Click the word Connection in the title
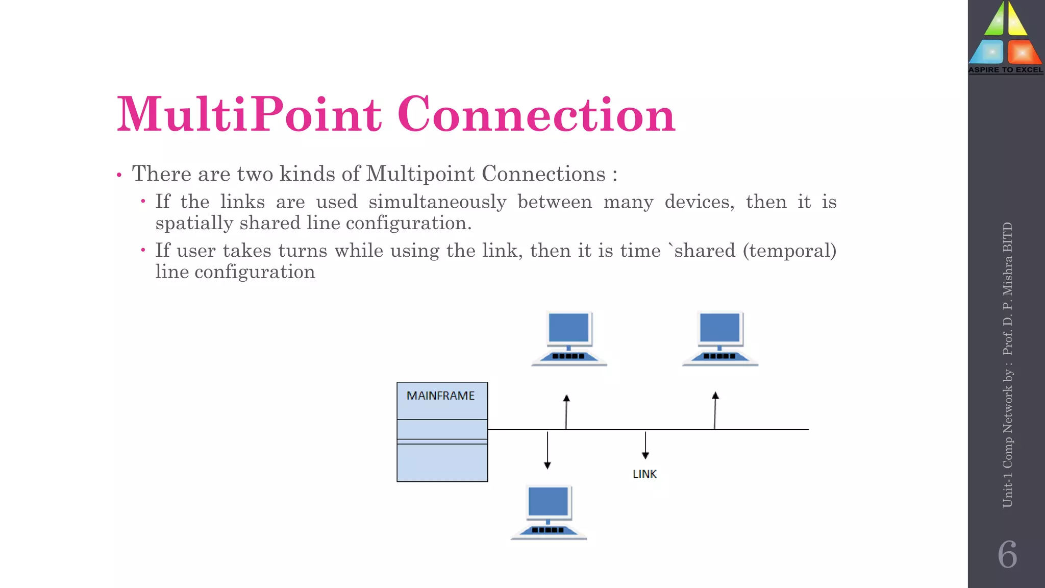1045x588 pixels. point(536,114)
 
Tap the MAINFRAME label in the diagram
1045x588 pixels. point(440,396)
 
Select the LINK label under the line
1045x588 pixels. point(644,474)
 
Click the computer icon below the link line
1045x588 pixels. point(549,512)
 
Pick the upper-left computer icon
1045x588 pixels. point(569,338)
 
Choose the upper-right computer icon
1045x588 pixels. point(720,338)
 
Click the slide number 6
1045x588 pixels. point(1007,554)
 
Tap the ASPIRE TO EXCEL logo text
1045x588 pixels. point(1006,70)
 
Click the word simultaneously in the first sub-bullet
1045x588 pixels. point(437,202)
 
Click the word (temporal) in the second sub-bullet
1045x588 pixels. point(789,251)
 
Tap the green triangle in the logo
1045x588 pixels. point(994,20)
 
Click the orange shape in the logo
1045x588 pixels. point(1022,53)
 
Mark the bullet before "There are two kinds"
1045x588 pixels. point(119,175)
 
